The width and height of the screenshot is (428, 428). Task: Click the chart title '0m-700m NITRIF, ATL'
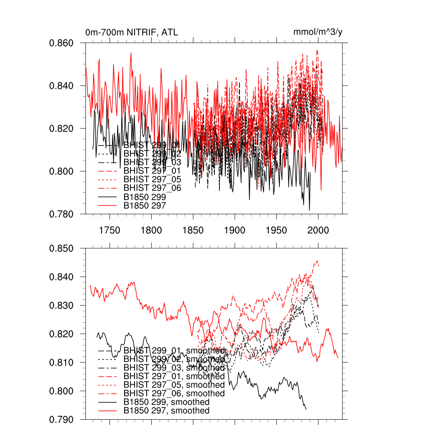tap(132, 32)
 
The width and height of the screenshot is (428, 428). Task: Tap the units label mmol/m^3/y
tap(318, 32)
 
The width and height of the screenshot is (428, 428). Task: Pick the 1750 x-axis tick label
tap(110, 230)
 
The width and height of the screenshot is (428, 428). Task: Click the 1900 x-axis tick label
tap(235, 230)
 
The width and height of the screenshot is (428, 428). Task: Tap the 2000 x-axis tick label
tap(318, 230)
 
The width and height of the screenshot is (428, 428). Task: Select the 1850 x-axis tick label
tap(193, 230)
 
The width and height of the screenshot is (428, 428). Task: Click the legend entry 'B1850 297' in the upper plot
tap(145, 206)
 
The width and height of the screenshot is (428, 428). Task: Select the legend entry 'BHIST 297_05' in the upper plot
tap(152, 179)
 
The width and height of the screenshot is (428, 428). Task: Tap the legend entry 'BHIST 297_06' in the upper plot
tap(152, 188)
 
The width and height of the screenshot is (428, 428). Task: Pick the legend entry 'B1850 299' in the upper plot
tap(145, 197)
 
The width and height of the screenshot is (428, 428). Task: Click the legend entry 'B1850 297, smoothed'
tap(166, 411)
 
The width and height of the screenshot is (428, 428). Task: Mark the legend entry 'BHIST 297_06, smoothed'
tap(174, 393)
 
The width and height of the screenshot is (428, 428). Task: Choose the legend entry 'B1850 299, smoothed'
tap(166, 402)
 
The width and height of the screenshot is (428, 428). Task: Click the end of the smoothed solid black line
tap(306, 409)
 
